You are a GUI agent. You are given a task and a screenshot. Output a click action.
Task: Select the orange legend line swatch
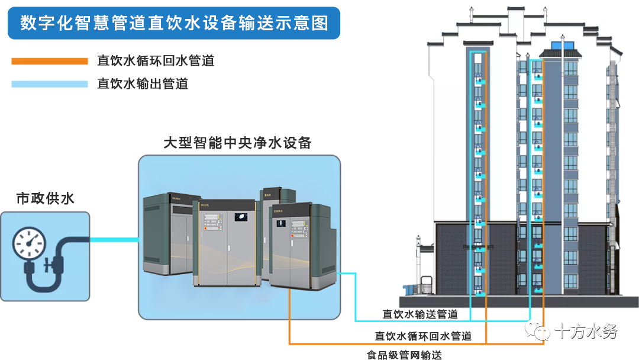[49, 61]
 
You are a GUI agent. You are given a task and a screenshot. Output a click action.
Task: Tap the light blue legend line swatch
[49, 84]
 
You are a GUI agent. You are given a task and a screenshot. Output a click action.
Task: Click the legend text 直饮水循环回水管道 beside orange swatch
[155, 61]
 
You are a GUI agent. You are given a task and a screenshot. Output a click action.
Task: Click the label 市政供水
[45, 198]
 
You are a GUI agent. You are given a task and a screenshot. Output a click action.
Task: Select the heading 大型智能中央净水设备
[237, 143]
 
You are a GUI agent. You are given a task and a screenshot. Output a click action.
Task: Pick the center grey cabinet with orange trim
[225, 243]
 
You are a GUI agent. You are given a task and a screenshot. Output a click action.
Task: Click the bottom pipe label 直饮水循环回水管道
[423, 336]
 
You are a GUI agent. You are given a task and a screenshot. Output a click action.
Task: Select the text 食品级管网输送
[404, 355]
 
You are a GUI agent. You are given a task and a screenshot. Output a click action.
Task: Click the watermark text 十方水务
[585, 331]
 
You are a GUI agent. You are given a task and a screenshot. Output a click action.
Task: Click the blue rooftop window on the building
[558, 46]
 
